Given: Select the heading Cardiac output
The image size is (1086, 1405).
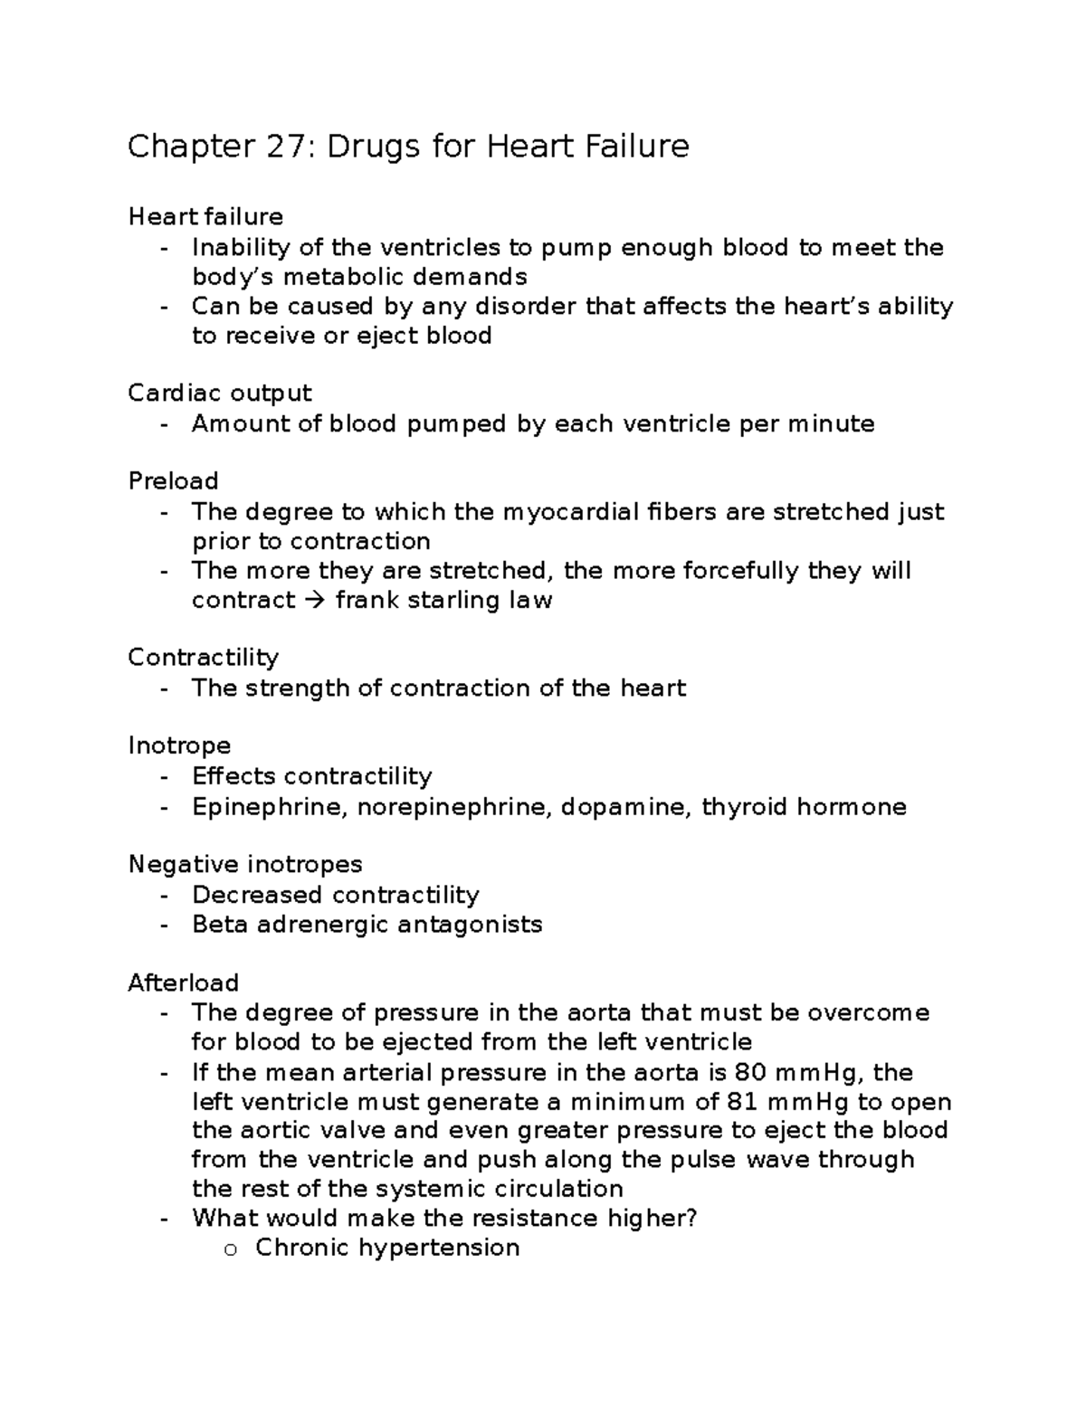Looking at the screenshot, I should [219, 394].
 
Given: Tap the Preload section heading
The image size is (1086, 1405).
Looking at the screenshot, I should [173, 480].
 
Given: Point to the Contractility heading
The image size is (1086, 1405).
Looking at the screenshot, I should [203, 657].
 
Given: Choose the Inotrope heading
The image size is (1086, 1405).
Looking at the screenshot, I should [179, 745].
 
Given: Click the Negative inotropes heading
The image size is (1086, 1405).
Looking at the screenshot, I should [244, 864].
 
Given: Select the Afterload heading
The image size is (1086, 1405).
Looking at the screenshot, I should [183, 983].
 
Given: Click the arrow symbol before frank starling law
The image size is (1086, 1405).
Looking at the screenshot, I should [315, 601].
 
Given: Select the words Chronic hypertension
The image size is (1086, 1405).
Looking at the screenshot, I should [387, 1248].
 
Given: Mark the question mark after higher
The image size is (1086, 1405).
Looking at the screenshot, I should [691, 1219].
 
